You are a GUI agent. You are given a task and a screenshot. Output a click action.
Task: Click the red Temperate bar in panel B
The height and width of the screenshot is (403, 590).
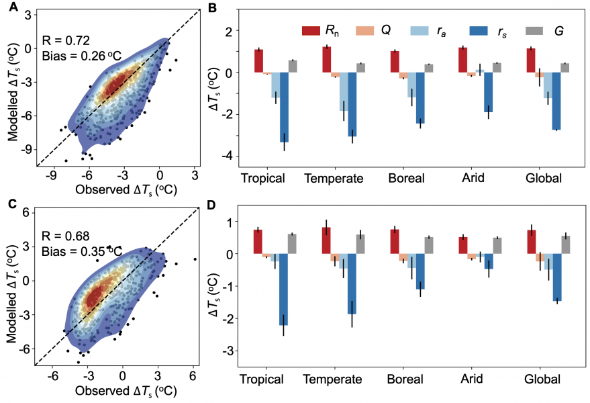click(x=326, y=59)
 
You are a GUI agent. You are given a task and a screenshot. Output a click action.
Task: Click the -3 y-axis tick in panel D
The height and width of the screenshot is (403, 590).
click(x=231, y=351)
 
